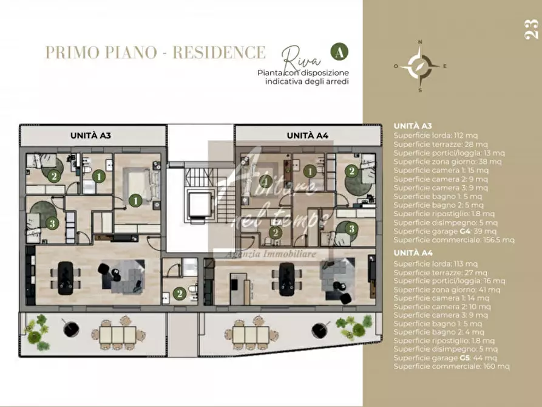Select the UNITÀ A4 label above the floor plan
(x=308, y=135)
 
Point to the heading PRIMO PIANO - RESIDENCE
(x=155, y=52)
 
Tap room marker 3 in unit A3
(x=53, y=224)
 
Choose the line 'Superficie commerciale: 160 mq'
(x=452, y=366)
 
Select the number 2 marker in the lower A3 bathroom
(x=179, y=293)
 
